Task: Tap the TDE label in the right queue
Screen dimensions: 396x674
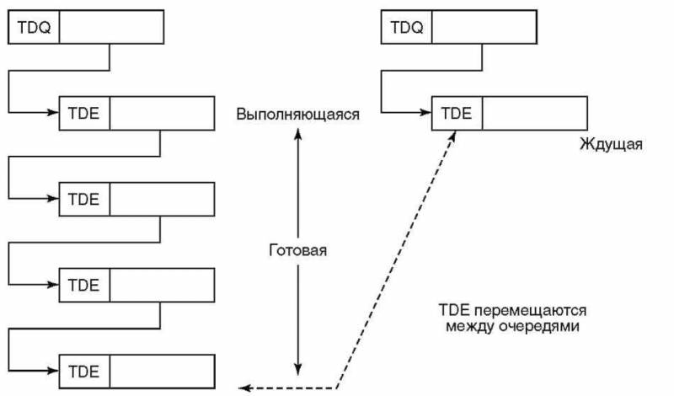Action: pyautogui.click(x=457, y=113)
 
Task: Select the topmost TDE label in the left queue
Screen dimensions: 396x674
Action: pyautogui.click(x=84, y=113)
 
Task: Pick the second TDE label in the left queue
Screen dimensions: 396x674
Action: pyautogui.click(x=84, y=199)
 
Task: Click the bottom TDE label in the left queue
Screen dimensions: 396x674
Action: pyautogui.click(x=84, y=371)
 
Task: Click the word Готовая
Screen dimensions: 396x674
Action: pyautogui.click(x=297, y=251)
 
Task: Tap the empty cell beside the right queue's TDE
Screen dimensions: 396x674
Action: pyautogui.click(x=535, y=113)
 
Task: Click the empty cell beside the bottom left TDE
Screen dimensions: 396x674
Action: pyautogui.click(x=162, y=371)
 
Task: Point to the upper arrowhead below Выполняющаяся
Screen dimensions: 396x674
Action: pyautogui.click(x=297, y=133)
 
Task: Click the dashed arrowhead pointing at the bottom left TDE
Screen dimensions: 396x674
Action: pyautogui.click(x=243, y=388)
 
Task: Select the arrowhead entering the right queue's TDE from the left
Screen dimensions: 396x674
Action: pyautogui.click(x=427, y=112)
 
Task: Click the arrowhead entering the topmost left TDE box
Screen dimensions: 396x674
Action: pyautogui.click(x=54, y=112)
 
